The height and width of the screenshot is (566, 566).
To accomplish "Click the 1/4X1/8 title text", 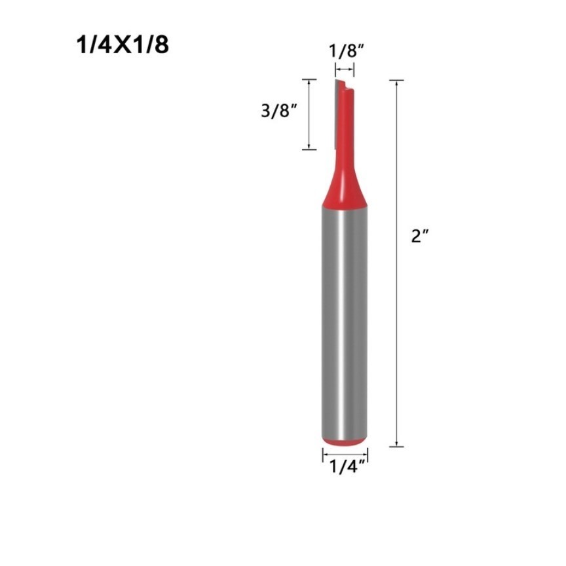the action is point(123,45).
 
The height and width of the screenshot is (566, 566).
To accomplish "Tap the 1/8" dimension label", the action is point(346,51).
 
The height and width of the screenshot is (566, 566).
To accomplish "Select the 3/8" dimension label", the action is point(279,110).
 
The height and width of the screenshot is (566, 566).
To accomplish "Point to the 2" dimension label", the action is point(420,236).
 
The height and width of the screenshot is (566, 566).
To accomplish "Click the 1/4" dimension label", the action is point(348,466).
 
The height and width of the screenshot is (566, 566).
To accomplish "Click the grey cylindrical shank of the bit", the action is point(345,323).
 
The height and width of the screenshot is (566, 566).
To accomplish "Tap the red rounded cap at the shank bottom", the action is point(345,442).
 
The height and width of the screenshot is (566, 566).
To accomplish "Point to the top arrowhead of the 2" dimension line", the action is point(397,83).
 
